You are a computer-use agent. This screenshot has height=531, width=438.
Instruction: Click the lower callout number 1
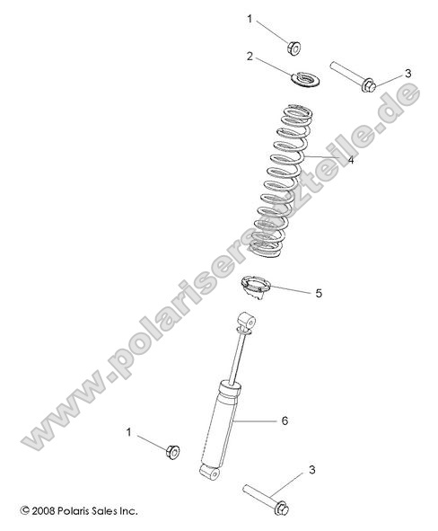pyautogui.click(x=128, y=432)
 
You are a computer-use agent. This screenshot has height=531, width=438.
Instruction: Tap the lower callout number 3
pyautogui.click(x=311, y=469)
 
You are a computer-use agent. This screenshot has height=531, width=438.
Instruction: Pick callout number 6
pyautogui.click(x=285, y=420)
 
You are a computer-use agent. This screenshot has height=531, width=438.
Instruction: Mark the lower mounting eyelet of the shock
pyautogui.click(x=208, y=470)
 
